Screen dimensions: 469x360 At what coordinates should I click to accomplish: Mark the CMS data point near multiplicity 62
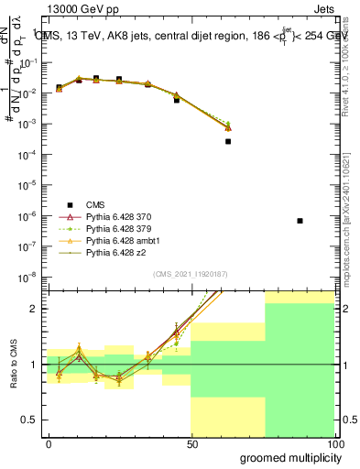point(228,141)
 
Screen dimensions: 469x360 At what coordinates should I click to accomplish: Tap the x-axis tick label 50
point(191,443)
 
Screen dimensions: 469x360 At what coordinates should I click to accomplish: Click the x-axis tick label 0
point(49,443)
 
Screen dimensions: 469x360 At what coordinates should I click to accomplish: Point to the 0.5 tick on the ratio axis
point(34,420)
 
